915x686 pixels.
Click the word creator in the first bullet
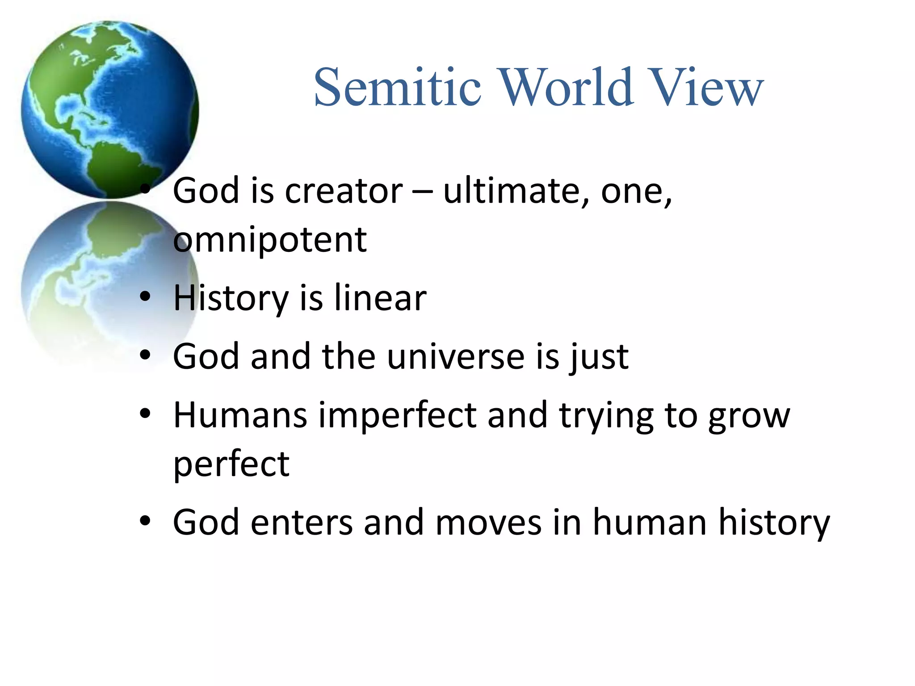pyautogui.click(x=344, y=191)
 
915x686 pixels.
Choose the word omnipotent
pyautogui.click(x=270, y=240)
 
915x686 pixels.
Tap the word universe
pyautogui.click(x=456, y=357)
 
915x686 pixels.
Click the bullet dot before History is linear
pyautogui.click(x=145, y=297)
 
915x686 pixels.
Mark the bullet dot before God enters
pyautogui.click(x=145, y=521)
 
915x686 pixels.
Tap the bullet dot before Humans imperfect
pyautogui.click(x=145, y=414)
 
